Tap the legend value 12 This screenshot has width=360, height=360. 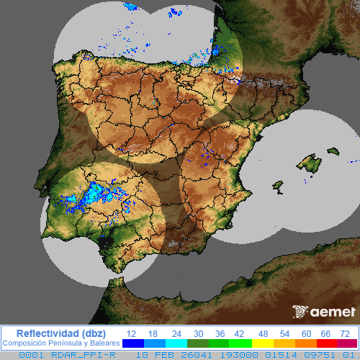(x=131, y=333)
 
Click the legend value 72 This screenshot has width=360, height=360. (x=345, y=333)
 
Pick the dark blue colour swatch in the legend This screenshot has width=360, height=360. (x=132, y=344)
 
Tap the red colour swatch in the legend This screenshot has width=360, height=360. (x=325, y=344)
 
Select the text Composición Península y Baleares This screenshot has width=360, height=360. (x=61, y=344)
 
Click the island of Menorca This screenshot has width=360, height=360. (x=333, y=151)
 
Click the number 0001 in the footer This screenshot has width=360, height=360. (x=30, y=355)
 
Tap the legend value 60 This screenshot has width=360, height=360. (x=306, y=333)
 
